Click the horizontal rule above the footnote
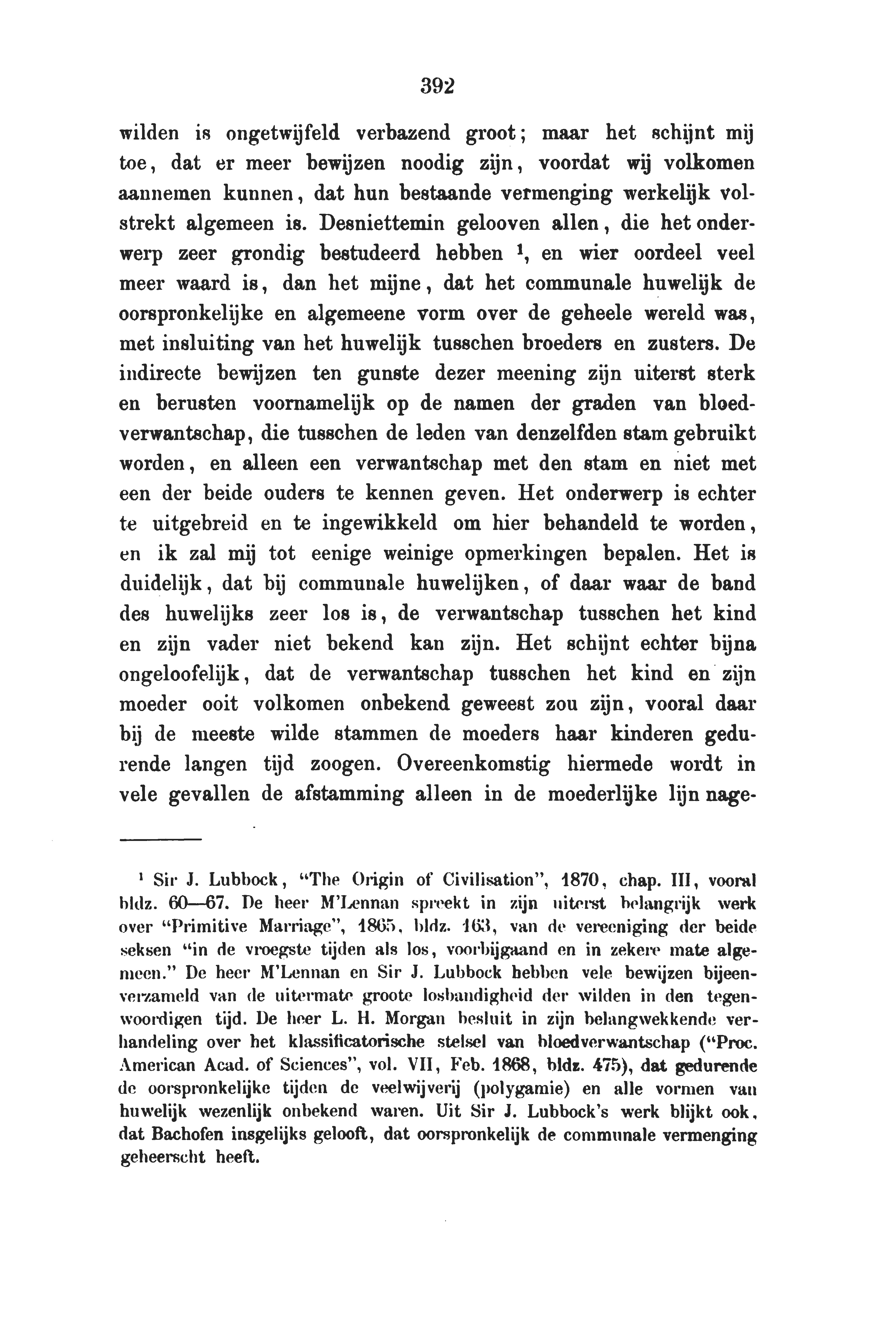(x=160, y=840)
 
